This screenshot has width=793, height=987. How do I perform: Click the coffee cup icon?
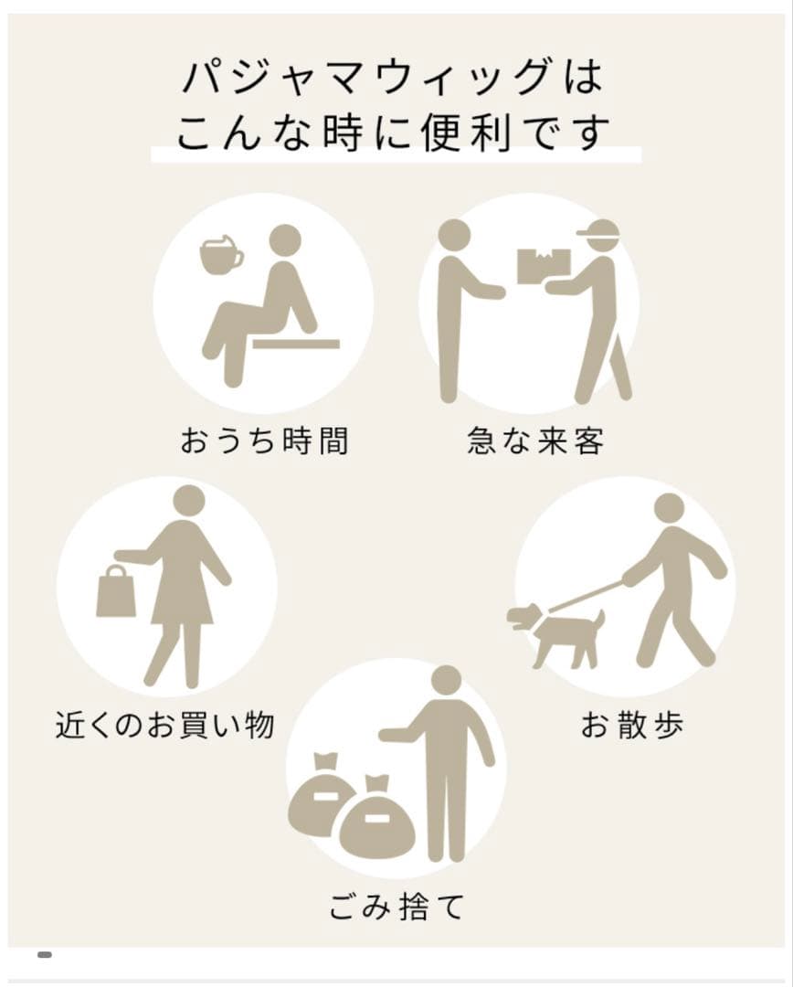tap(220, 255)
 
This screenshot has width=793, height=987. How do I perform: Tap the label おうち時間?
tap(264, 440)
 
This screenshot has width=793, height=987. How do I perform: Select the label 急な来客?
tap(535, 440)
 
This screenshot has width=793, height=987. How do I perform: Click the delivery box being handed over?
tap(544, 267)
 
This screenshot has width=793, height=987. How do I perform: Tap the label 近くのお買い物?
tap(164, 725)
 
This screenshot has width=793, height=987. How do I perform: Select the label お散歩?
tap(632, 725)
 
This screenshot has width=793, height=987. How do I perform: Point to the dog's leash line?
tap(586, 596)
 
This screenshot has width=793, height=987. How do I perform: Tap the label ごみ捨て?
tap(396, 907)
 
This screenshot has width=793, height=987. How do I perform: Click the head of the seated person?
tap(285, 240)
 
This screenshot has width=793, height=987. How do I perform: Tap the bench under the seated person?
tap(296, 344)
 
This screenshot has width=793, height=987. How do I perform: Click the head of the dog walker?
tap(669, 510)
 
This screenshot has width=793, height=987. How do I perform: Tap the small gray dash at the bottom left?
tap(45, 955)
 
